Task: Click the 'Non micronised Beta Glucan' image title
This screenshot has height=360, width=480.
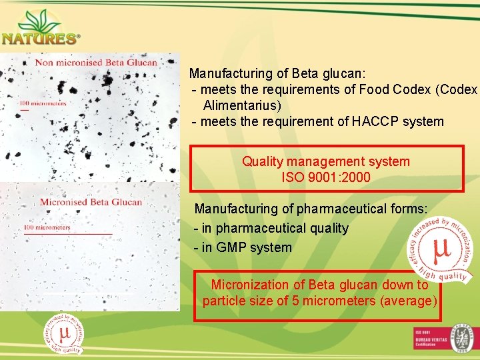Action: pyautogui.click(x=96, y=63)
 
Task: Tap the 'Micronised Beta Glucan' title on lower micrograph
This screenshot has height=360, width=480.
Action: pyautogui.click(x=91, y=202)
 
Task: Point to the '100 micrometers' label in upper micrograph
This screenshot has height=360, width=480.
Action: pyautogui.click(x=43, y=103)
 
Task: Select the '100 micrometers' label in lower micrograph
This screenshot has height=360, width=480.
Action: pyautogui.click(x=47, y=227)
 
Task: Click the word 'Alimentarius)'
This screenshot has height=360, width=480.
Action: pyautogui.click(x=242, y=105)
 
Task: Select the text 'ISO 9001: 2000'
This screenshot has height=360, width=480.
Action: pyautogui.click(x=326, y=178)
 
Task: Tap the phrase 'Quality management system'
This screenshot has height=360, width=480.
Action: pyautogui.click(x=326, y=161)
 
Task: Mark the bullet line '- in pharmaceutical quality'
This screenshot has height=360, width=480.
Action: pyautogui.click(x=271, y=228)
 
